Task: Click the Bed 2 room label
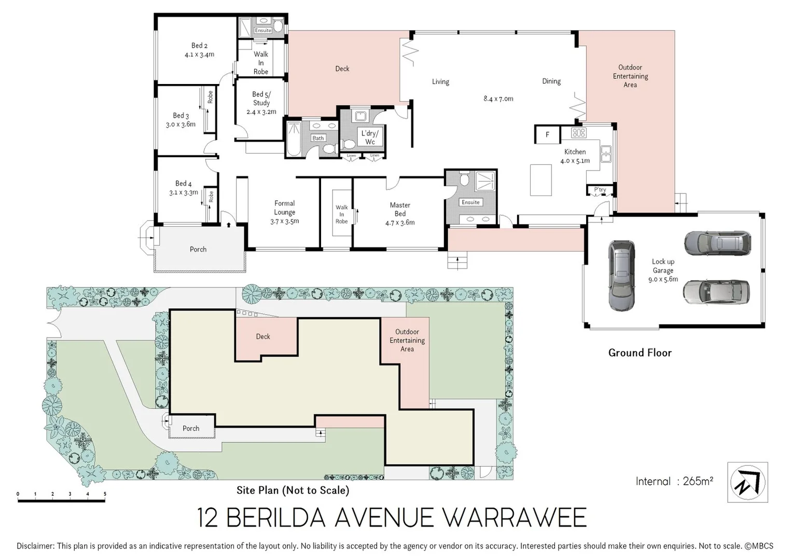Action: point(199,50)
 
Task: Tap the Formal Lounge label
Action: point(284,212)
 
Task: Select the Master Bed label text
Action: point(400,209)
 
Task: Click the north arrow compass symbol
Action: point(747,482)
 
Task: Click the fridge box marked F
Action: point(547,135)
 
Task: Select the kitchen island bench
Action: point(540,179)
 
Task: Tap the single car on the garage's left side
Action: point(621,275)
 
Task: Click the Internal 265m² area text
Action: point(674,481)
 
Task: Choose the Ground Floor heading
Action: point(640,353)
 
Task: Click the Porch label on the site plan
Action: point(191,428)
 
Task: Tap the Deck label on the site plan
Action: point(263,337)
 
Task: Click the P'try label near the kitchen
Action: point(600,190)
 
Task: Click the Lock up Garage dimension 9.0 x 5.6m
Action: point(663,279)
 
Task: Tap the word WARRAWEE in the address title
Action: point(515,517)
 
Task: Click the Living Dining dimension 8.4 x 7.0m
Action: point(498,99)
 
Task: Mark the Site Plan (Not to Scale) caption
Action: point(293,490)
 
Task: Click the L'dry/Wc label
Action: point(370,137)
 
